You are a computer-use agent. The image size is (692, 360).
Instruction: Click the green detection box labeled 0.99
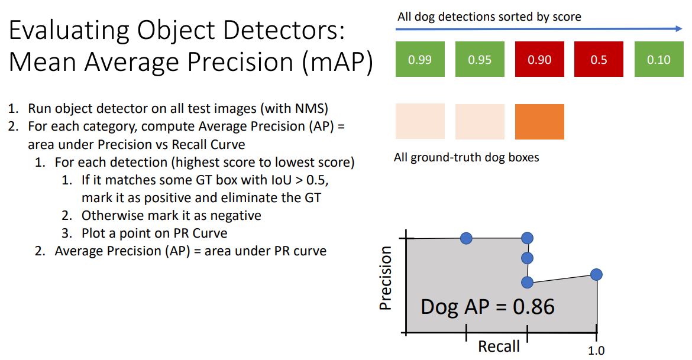[x=420, y=60]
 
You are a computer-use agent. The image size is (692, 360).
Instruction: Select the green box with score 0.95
[x=480, y=60]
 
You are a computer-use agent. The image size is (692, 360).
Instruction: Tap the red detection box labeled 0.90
[x=539, y=60]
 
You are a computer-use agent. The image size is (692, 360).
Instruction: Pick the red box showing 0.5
[x=599, y=60]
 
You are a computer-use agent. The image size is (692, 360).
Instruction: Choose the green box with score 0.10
[x=658, y=60]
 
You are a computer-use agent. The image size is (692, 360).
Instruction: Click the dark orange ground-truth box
[x=539, y=121]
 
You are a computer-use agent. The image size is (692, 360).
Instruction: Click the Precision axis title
[x=386, y=278]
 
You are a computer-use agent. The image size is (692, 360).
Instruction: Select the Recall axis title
[x=499, y=346]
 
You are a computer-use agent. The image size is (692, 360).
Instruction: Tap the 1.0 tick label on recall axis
[x=596, y=351]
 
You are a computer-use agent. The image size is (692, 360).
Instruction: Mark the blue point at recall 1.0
[x=596, y=274]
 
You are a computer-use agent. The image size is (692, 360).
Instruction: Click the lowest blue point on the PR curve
[x=528, y=283]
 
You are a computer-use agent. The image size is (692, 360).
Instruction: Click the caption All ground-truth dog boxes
[x=466, y=158]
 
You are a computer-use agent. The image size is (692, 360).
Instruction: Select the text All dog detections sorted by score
[x=489, y=17]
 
